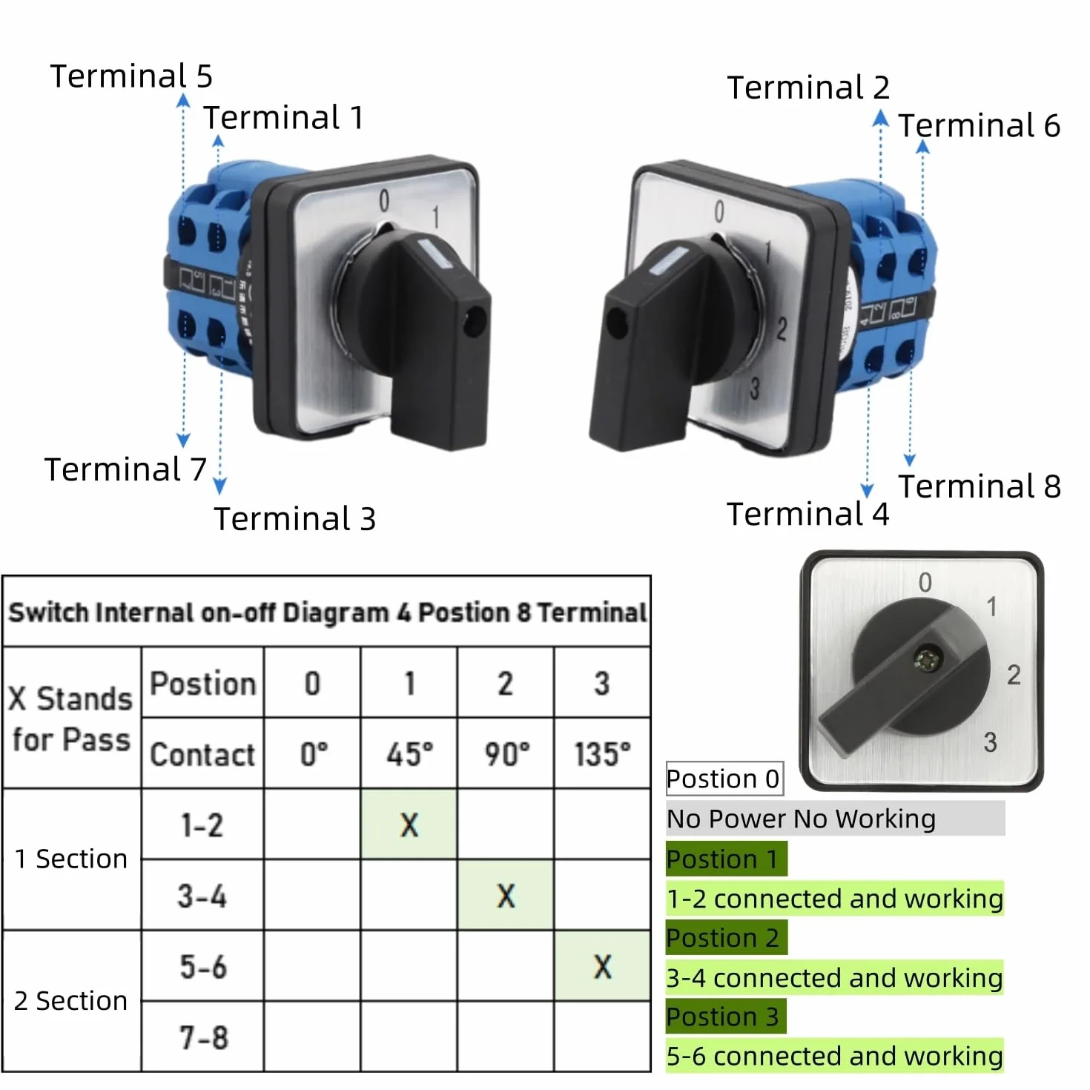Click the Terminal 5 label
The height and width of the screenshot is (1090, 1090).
tap(131, 76)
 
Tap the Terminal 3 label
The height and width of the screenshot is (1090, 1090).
tap(294, 518)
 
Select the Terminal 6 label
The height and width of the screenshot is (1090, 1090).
tap(979, 125)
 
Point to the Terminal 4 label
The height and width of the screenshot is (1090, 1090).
tap(807, 514)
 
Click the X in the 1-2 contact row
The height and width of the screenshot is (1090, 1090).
tap(409, 825)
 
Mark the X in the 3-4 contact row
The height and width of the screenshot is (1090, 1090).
tap(506, 896)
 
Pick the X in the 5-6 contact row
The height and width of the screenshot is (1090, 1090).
tap(602, 967)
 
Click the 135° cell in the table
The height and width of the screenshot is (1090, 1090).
tap(602, 754)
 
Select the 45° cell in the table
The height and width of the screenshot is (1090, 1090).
tap(409, 754)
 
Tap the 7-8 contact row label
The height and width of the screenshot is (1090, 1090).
tap(204, 1038)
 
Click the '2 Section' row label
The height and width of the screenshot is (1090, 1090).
tap(70, 1000)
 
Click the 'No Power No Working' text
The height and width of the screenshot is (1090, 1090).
tap(801, 819)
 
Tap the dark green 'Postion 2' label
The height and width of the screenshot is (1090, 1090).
tap(726, 938)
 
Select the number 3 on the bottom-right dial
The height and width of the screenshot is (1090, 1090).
tap(990, 742)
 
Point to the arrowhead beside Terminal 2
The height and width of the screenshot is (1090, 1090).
tap(880, 117)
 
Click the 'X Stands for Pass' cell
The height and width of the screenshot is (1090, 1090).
tap(71, 719)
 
